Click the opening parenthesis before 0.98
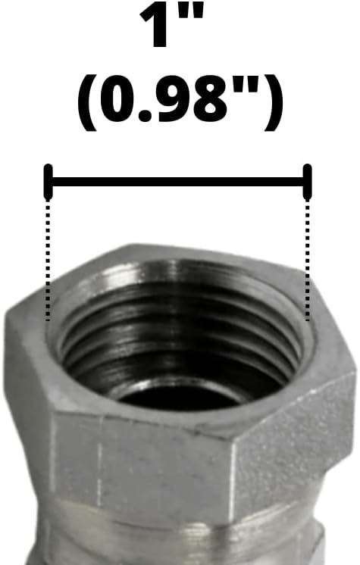click(x=87, y=104)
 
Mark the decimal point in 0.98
click(x=150, y=118)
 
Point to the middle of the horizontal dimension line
click(x=178, y=181)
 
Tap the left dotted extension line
click(x=49, y=258)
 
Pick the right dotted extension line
click(x=308, y=258)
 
